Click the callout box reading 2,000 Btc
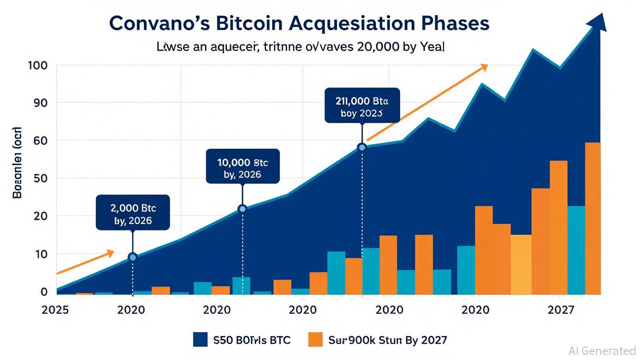[x=133, y=212]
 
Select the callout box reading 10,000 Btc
[x=242, y=166]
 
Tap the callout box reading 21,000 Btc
[x=362, y=105]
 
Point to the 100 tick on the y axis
[x=37, y=65]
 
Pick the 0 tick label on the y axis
[x=44, y=292]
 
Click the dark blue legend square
[x=200, y=340]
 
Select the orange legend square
[x=315, y=340]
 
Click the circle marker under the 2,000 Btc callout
[x=133, y=257]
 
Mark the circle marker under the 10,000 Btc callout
[x=242, y=209]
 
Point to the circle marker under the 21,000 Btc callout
[x=362, y=147]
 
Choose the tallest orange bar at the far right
[x=593, y=218]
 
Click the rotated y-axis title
[x=17, y=162]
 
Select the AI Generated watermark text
[x=602, y=351]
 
